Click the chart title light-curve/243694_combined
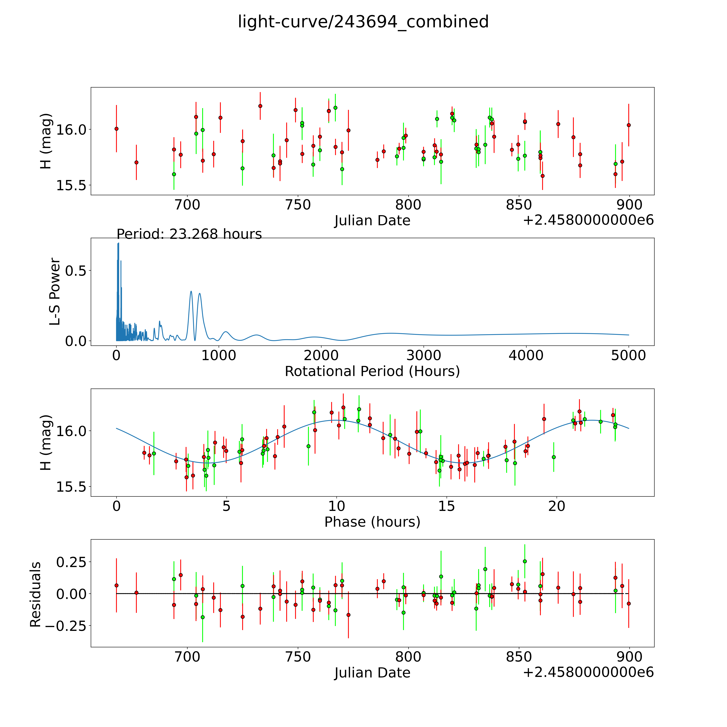tap(363, 22)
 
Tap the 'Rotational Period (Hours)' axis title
tap(372, 371)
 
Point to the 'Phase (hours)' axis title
tap(372, 522)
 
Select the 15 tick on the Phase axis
tap(447, 506)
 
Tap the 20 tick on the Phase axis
tap(557, 506)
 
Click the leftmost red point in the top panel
tap(116, 129)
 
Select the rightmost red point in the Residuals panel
tap(628, 604)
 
